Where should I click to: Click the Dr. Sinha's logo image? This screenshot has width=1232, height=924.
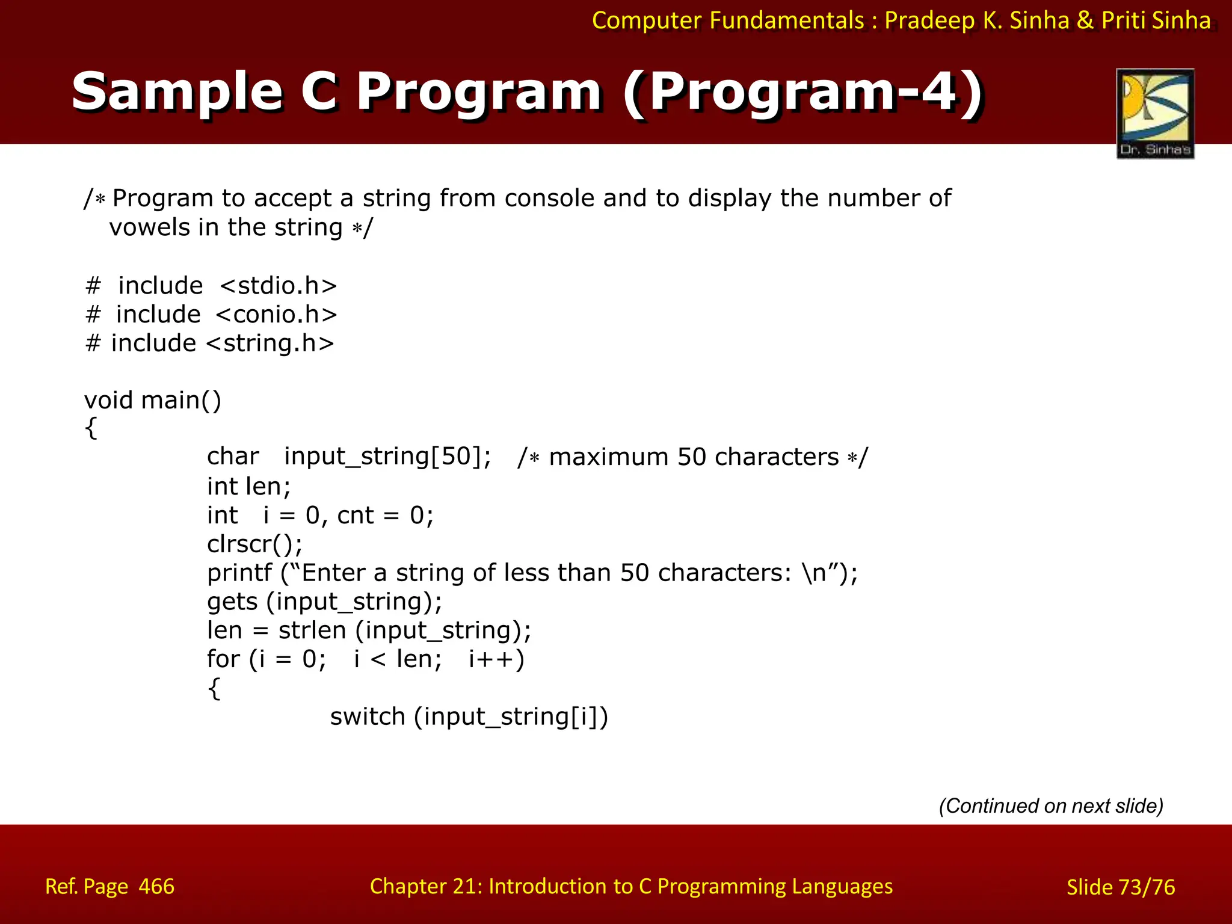click(1155, 113)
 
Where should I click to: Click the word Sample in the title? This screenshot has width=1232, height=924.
click(177, 91)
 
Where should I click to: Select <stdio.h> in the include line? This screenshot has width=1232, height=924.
click(278, 286)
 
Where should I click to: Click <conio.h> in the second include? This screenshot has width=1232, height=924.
click(276, 315)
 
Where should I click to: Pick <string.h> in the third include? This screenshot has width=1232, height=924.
click(269, 343)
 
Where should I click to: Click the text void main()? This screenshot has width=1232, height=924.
click(153, 401)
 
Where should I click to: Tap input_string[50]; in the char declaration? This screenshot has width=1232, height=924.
click(387, 457)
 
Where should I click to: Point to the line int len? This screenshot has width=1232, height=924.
click(248, 486)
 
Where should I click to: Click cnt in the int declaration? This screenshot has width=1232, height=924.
click(356, 516)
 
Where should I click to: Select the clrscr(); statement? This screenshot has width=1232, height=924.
click(254, 544)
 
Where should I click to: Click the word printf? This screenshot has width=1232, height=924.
click(239, 573)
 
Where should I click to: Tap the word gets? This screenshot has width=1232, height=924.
click(232, 602)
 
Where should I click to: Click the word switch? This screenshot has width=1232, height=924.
click(368, 717)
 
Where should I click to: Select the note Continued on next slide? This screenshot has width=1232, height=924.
click(1051, 805)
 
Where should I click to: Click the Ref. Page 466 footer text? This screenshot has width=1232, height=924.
click(109, 887)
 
